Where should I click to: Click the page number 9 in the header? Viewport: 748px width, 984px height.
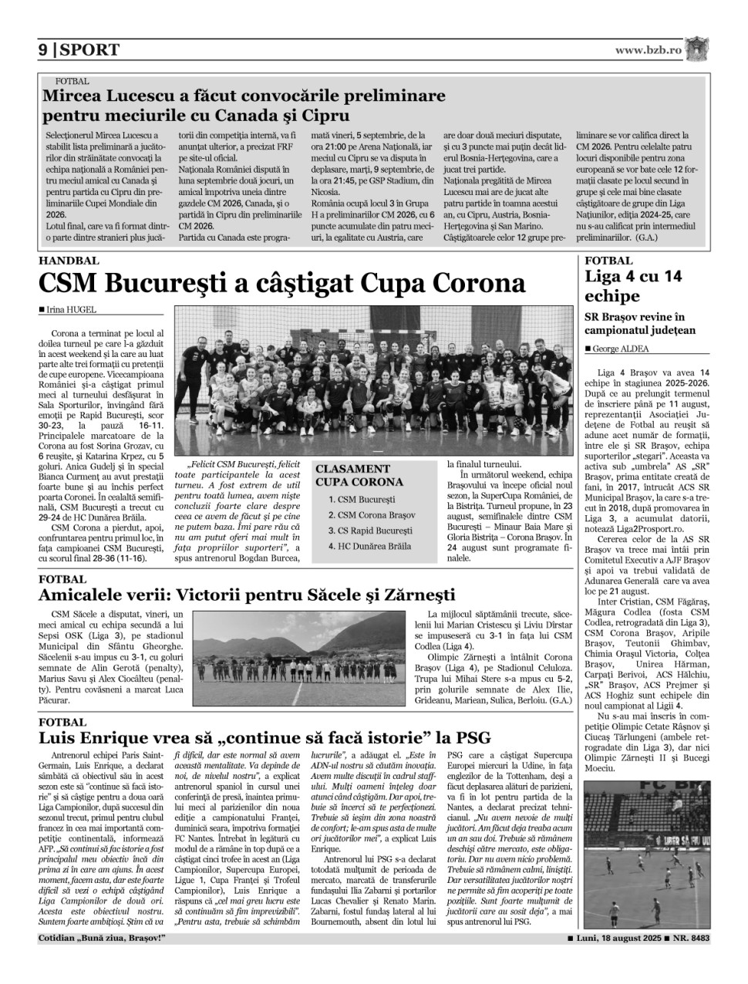(x=43, y=50)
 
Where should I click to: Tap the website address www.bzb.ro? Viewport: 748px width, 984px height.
(x=649, y=49)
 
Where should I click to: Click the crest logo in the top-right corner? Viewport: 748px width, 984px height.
(x=699, y=49)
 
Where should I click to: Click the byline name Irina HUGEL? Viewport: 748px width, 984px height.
(x=69, y=310)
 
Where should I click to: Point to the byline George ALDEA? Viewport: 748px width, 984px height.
(x=621, y=349)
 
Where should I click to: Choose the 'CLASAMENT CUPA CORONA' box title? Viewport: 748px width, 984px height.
(x=359, y=475)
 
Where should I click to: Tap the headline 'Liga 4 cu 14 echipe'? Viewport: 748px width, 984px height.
(x=633, y=286)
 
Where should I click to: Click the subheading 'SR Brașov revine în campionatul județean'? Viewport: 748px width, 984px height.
(x=640, y=323)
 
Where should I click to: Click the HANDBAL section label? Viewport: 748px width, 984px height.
(x=69, y=261)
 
